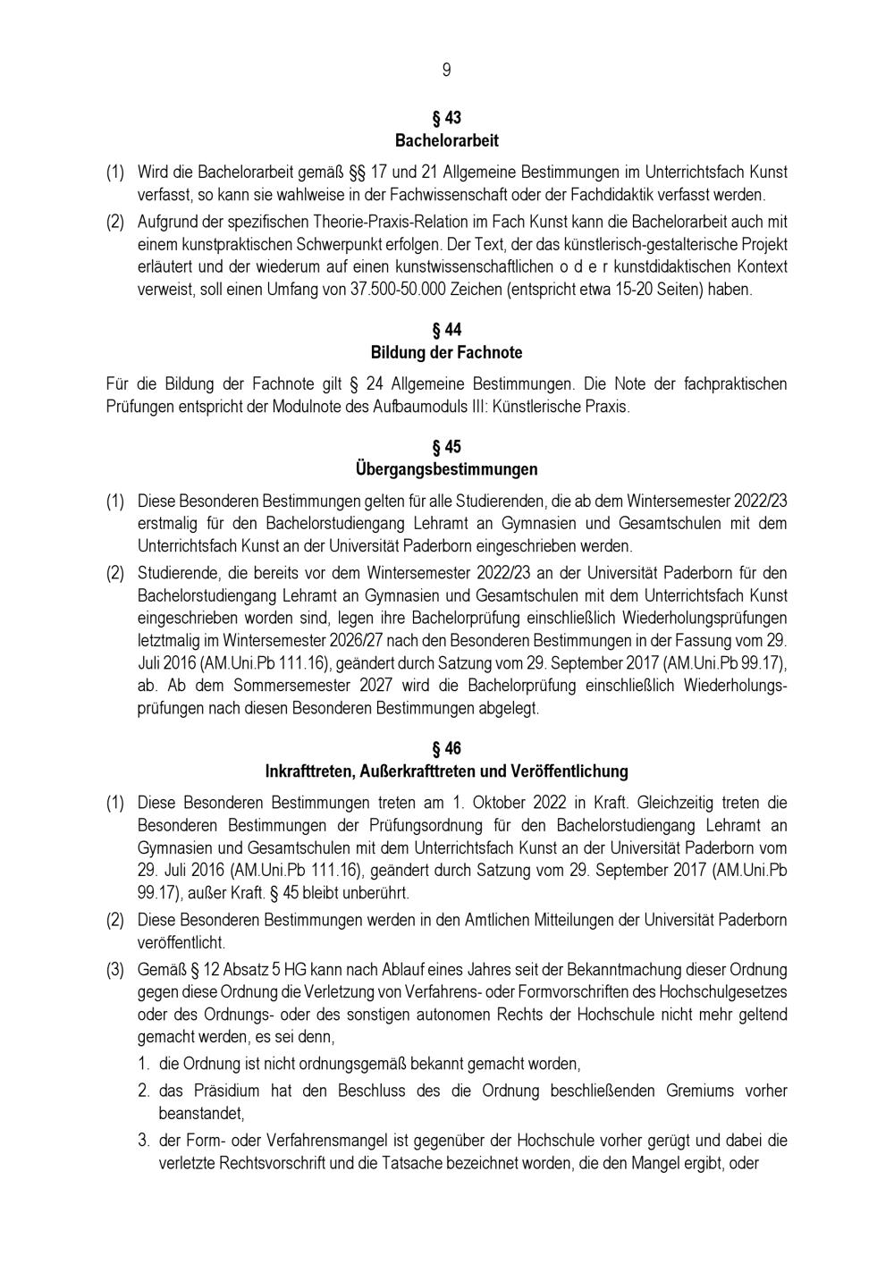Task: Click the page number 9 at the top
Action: point(446,71)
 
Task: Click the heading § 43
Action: point(446,118)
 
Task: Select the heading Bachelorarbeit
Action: point(446,140)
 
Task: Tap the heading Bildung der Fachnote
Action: point(446,352)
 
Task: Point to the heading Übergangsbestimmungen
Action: point(446,469)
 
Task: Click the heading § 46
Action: point(446,748)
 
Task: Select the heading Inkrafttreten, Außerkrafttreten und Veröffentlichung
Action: point(446,771)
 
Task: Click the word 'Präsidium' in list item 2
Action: point(209,1091)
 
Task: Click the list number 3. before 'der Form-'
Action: point(143,1141)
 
